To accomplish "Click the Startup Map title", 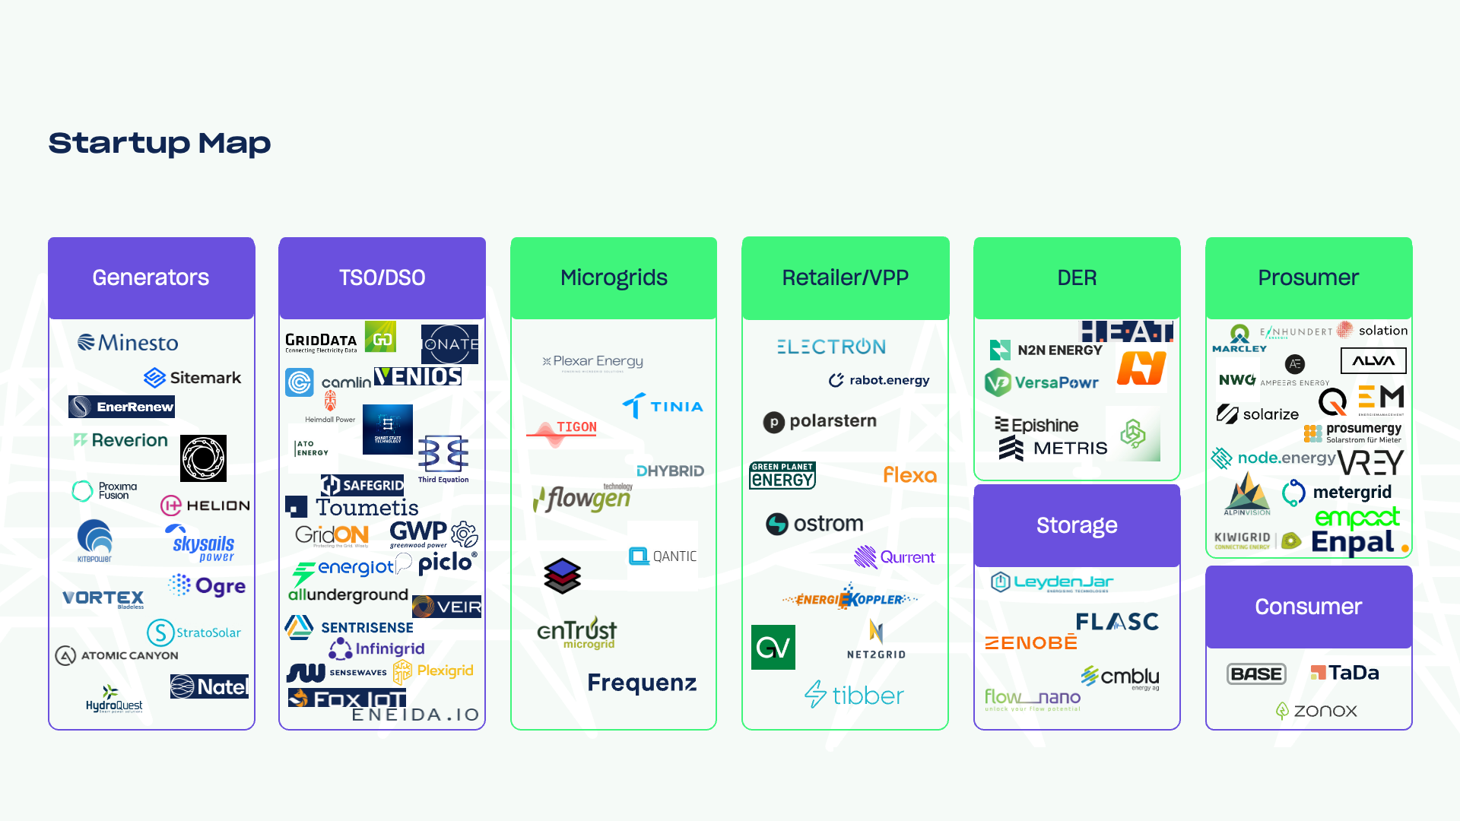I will [x=160, y=143].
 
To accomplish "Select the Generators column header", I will [x=151, y=278].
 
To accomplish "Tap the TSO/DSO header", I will [x=382, y=278].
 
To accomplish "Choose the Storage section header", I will [x=1077, y=526].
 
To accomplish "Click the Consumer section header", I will [x=1308, y=607].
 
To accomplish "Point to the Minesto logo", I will [x=128, y=343].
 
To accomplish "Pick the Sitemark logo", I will [x=192, y=378].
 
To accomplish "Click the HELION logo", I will [x=205, y=506].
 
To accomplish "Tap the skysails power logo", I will [x=202, y=544].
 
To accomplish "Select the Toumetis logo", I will [x=353, y=507].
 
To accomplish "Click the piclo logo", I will [x=447, y=563].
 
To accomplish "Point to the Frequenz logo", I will [x=642, y=683].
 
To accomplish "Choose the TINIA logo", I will [x=662, y=406].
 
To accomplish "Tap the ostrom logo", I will [x=814, y=524].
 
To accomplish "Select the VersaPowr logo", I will [x=1042, y=382].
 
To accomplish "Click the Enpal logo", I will [x=1353, y=542].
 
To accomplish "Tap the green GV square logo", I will [x=773, y=648].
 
